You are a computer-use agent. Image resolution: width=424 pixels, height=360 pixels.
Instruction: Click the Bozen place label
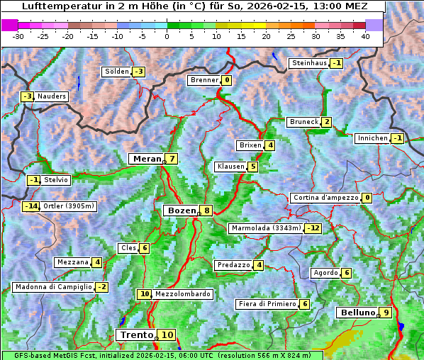(x=181, y=210)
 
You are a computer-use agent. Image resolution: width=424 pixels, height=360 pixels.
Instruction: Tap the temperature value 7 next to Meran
(x=172, y=159)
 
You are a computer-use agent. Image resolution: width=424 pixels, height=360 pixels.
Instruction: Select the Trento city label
(x=137, y=334)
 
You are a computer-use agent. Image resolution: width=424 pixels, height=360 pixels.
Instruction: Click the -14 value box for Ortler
(x=30, y=206)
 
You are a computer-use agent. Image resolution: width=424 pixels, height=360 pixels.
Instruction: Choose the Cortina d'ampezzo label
(x=325, y=198)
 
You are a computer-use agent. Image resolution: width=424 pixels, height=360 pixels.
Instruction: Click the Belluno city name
(x=357, y=313)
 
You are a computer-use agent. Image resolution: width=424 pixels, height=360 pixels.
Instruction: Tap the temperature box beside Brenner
(x=227, y=80)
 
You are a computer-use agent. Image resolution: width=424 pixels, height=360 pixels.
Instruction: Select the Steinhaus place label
(x=310, y=63)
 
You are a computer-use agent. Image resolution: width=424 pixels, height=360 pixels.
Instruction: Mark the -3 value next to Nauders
(x=27, y=96)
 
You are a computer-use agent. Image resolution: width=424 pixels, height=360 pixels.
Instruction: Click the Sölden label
(x=117, y=72)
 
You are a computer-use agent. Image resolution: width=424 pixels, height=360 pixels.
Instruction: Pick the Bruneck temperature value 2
(x=326, y=122)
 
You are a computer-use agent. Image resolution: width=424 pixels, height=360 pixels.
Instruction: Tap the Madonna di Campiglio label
(x=53, y=287)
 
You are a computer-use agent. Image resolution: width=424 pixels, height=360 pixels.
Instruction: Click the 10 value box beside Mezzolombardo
(x=145, y=294)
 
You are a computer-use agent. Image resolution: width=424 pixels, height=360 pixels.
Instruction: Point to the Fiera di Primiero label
(x=267, y=304)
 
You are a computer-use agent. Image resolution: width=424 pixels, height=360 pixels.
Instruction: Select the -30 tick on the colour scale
(x=18, y=36)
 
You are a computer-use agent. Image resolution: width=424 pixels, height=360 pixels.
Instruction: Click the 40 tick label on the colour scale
(x=365, y=36)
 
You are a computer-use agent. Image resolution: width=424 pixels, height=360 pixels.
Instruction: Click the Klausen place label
(x=230, y=167)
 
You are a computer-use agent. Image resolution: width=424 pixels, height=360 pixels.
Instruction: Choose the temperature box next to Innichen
(x=397, y=138)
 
